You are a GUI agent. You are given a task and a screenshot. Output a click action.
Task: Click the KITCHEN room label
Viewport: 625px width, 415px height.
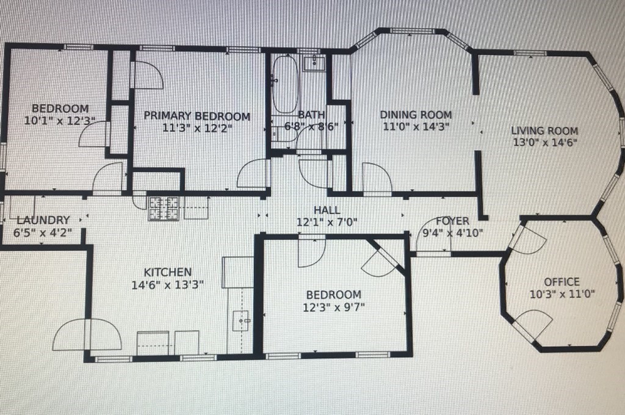click(x=167, y=272)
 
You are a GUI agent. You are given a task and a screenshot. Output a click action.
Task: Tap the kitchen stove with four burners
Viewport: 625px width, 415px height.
click(x=164, y=208)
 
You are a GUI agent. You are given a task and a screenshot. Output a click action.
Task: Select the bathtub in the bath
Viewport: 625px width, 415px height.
click(x=284, y=85)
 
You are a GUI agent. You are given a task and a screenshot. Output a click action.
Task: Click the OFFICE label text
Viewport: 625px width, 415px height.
click(x=562, y=281)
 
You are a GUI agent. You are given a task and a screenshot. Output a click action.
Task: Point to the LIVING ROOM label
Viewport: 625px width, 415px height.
click(x=544, y=131)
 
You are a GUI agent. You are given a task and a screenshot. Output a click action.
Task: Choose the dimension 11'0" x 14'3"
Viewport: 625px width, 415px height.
click(x=416, y=127)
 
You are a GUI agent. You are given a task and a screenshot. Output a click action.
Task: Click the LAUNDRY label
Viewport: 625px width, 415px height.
click(x=43, y=220)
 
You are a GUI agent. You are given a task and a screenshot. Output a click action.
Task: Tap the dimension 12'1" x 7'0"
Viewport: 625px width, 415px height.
click(x=327, y=223)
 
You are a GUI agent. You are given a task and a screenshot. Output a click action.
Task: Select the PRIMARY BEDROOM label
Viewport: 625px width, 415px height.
click(x=197, y=116)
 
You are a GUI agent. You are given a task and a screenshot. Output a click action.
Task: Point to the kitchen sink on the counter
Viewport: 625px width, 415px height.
click(x=242, y=319)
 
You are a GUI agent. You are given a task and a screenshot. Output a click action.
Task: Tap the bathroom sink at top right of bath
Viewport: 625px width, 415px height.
click(x=317, y=62)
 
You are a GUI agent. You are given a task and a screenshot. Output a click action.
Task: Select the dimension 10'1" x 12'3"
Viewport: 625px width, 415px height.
click(x=56, y=121)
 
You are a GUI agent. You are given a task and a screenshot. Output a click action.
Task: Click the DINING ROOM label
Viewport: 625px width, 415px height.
click(x=416, y=115)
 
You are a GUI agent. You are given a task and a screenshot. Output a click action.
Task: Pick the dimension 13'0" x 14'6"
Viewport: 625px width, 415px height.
click(x=544, y=143)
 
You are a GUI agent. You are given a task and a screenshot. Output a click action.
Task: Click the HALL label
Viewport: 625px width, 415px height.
click(x=327, y=211)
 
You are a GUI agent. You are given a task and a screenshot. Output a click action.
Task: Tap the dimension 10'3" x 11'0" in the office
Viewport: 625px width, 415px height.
click(x=562, y=294)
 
